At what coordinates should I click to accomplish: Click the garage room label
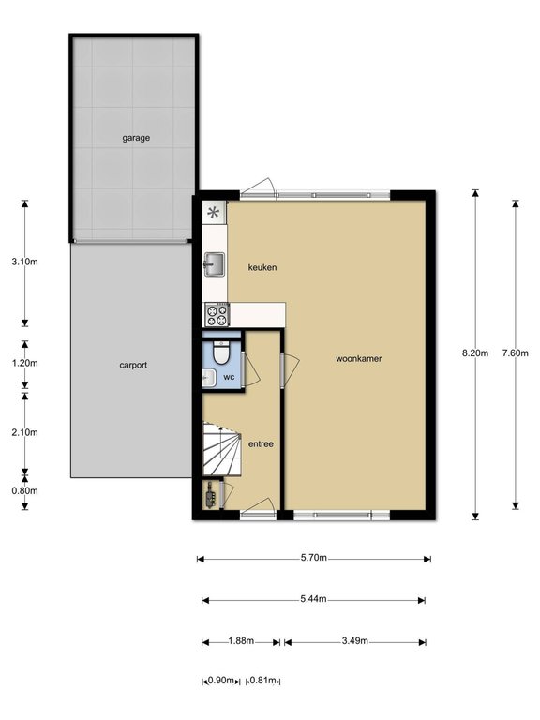pos(136,138)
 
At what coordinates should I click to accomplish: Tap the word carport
pos(133,365)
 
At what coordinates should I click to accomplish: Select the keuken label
pos(262,267)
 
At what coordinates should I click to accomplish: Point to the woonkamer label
pos(359,359)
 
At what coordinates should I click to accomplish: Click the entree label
pos(261,444)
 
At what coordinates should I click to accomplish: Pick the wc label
pos(229,377)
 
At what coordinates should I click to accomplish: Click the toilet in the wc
pos(221,352)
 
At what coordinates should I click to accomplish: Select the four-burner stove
pos(217,315)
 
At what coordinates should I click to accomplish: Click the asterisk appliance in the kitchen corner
pos(214,213)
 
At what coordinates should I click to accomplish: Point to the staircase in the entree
pos(222,450)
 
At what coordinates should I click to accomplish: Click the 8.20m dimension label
pos(475,353)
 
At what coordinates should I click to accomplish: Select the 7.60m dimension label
pos(516,353)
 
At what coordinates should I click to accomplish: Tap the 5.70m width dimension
pos(314,558)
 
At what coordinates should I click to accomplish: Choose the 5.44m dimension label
pos(313,599)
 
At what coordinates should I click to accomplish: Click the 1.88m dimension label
pos(241,641)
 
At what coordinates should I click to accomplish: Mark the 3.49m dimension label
pos(354,641)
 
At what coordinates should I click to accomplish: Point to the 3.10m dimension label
pos(24,262)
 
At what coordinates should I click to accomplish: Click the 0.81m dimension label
pos(262,681)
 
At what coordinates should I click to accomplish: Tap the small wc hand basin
pos(209,379)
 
